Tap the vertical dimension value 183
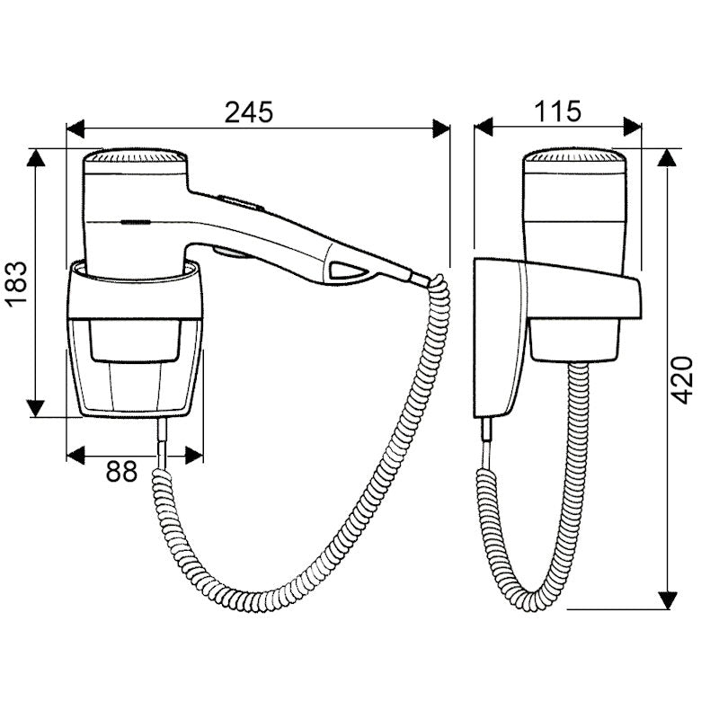20,284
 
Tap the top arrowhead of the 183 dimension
35,157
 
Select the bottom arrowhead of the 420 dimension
668,599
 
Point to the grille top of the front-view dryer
135,158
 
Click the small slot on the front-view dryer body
136,220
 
